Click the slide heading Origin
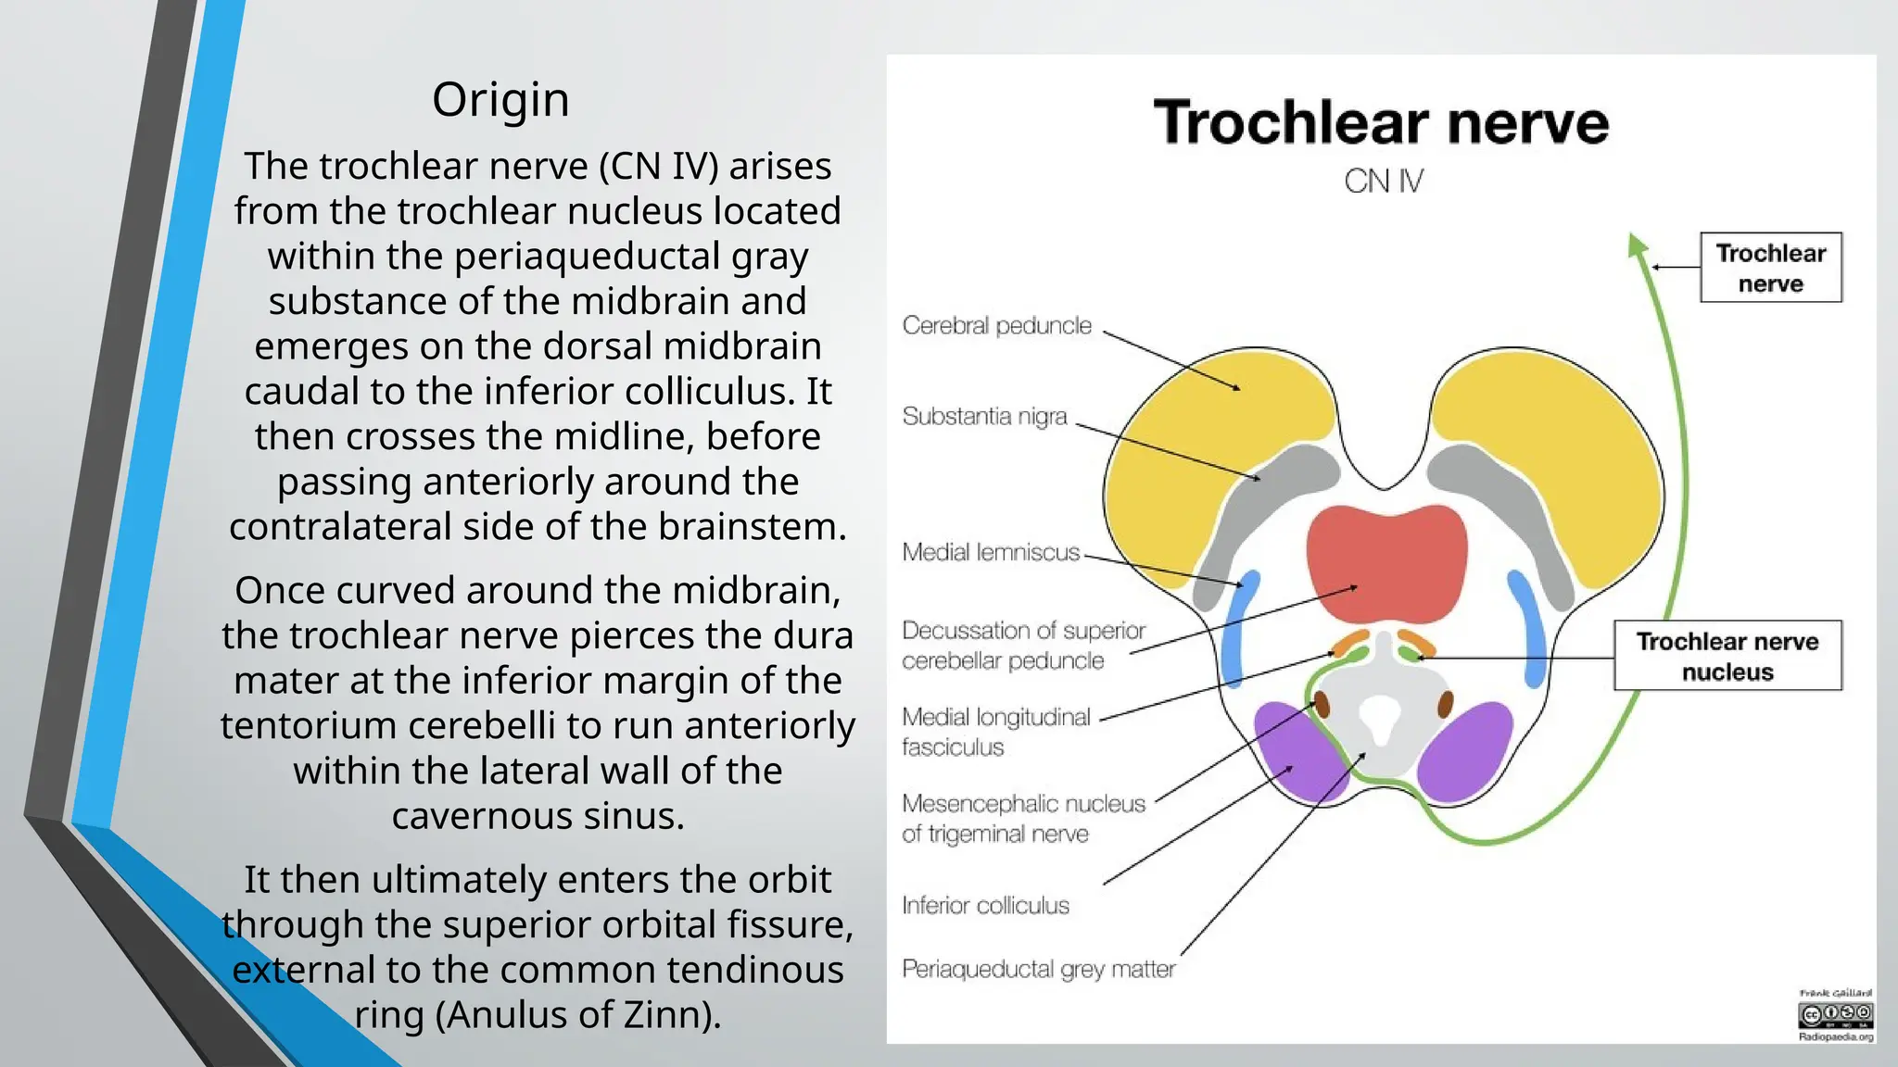[x=500, y=100]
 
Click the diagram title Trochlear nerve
[x=1381, y=123]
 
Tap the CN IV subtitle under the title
[x=1383, y=182]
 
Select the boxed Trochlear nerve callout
[x=1770, y=268]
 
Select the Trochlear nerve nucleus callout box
[x=1727, y=656]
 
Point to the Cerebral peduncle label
[x=996, y=326]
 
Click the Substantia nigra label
[x=984, y=417]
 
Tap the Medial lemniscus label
[x=991, y=553]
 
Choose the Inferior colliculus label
[x=985, y=906]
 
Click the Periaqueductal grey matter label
[x=1038, y=970]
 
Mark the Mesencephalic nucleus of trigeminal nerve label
[x=1023, y=819]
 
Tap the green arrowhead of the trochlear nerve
[x=1638, y=245]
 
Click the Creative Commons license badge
[x=1835, y=1016]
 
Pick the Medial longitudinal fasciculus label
[x=995, y=732]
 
